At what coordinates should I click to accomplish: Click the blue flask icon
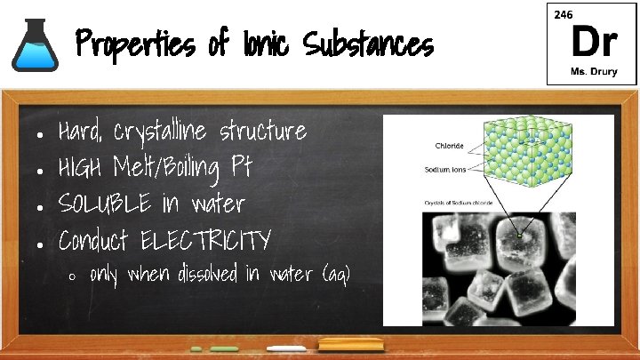click(35, 46)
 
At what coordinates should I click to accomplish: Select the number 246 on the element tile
click(563, 15)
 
